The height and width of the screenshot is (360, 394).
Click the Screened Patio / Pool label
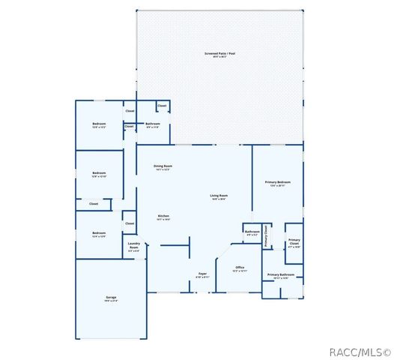219,53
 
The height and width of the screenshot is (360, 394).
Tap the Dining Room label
163,166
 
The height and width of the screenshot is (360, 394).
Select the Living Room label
219,196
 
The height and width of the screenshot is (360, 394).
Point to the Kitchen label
163,216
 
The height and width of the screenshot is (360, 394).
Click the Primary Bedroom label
278,182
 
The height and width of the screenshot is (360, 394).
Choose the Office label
240,267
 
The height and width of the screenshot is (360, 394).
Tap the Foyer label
202,274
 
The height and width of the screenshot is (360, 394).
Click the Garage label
110,298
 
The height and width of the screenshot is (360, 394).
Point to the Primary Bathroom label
281,274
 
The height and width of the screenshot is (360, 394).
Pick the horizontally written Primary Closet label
294,241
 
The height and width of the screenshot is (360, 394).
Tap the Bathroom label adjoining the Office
252,231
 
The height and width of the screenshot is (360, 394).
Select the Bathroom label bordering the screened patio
153,124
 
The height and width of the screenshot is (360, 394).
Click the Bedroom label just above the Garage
99,233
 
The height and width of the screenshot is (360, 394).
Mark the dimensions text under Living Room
219,199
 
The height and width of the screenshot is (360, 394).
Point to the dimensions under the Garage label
110,301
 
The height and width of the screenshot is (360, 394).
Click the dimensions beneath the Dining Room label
163,169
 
